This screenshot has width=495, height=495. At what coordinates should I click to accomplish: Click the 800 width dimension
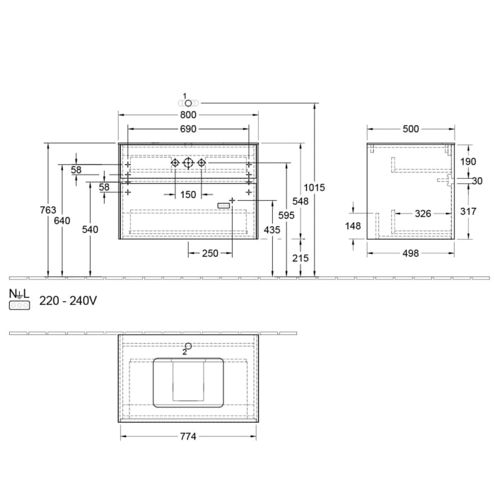tap(188, 115)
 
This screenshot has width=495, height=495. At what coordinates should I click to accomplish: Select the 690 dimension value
tap(188, 129)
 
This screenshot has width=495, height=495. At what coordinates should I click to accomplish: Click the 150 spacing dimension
tap(187, 194)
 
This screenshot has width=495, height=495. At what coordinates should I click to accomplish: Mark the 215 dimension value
tap(301, 259)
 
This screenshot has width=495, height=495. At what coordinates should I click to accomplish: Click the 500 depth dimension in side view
tap(411, 129)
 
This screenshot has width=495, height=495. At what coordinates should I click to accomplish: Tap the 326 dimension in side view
tap(423, 213)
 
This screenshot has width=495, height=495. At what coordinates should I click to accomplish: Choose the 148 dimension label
tap(353, 227)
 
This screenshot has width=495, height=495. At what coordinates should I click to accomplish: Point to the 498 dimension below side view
tap(411, 252)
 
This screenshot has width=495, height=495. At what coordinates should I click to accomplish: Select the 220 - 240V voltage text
tap(68, 301)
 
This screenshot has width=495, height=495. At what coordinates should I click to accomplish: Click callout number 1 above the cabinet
tap(185, 95)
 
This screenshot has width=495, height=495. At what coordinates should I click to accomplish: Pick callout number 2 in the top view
tap(185, 351)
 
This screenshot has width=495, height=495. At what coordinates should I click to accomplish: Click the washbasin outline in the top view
tap(188, 382)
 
